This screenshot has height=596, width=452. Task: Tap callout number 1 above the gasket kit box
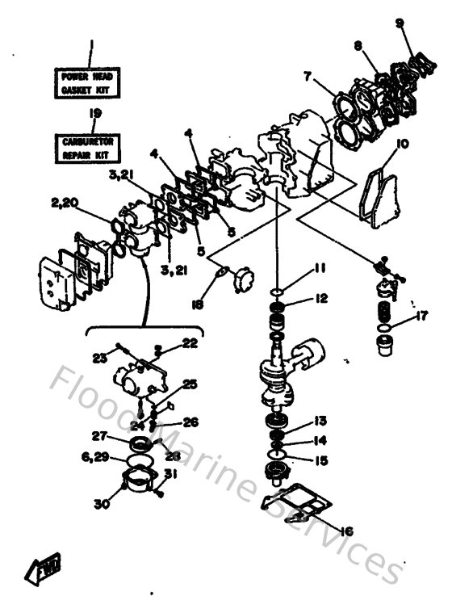[x=91, y=44]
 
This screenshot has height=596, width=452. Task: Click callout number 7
[x=308, y=76]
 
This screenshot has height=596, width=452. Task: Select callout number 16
[x=348, y=531]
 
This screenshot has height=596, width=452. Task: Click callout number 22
[x=189, y=342]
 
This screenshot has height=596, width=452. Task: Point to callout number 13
[x=320, y=420]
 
